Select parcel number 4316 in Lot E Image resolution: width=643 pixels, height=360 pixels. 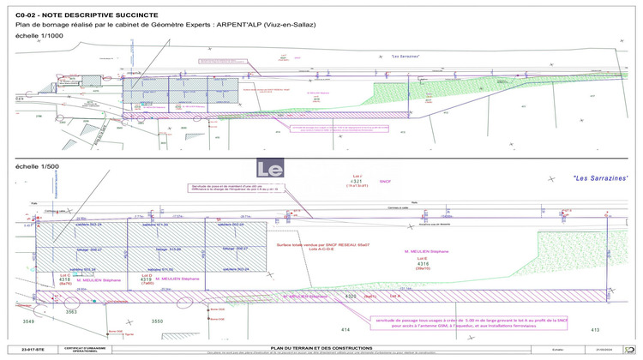(418, 262)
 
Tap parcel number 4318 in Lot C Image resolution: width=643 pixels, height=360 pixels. (63, 279)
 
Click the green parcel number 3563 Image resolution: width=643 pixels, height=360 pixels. (71, 312)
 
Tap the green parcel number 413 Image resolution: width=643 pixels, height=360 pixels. (595, 329)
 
